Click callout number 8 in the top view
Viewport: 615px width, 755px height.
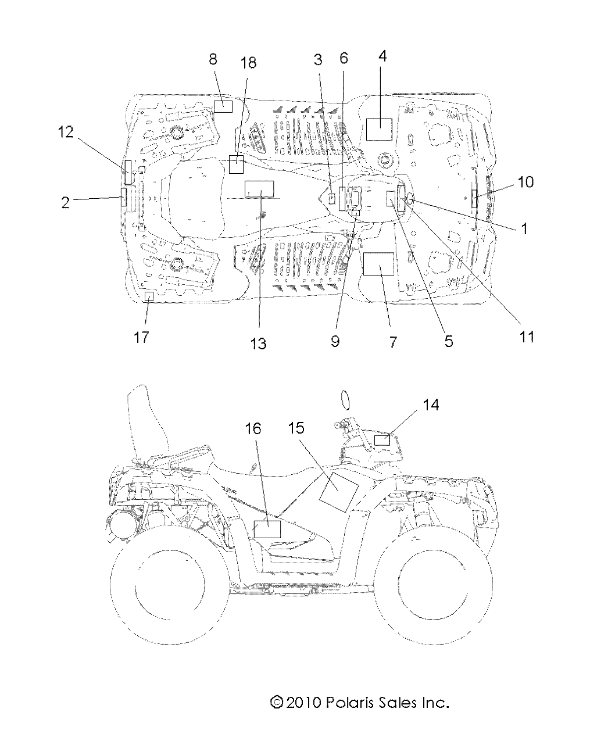(x=213, y=59)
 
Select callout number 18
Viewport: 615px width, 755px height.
(x=248, y=63)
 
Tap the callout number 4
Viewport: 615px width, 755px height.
(x=382, y=56)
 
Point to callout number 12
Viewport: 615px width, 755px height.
(x=66, y=132)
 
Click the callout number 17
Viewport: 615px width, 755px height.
(x=141, y=337)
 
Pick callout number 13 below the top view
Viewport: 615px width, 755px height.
(x=258, y=343)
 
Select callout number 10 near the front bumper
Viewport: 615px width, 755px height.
(x=525, y=182)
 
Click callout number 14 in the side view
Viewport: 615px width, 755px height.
(x=431, y=405)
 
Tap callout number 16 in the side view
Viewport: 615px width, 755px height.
(x=253, y=429)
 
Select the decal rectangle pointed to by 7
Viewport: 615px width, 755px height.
(x=378, y=263)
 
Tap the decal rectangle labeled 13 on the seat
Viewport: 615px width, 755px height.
(x=259, y=189)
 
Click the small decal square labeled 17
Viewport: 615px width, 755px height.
(x=149, y=296)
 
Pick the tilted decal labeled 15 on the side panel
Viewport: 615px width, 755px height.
(x=339, y=492)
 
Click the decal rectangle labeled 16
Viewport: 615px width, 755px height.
(x=268, y=529)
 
